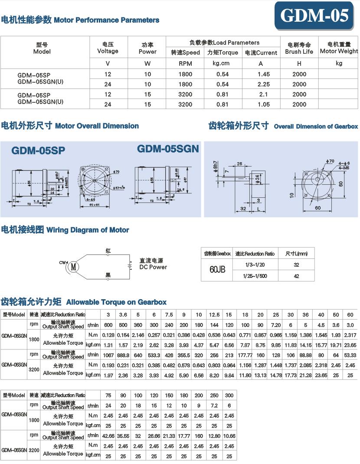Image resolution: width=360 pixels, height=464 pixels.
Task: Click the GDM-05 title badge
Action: (x=314, y=16)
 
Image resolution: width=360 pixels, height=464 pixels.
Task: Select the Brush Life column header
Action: (x=299, y=48)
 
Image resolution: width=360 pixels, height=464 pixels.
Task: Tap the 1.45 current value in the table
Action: (x=260, y=74)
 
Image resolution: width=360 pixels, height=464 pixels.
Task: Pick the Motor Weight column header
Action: (x=339, y=48)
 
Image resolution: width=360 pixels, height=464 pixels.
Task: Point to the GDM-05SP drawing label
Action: (x=38, y=150)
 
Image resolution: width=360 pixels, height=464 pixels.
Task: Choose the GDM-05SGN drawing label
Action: (x=168, y=149)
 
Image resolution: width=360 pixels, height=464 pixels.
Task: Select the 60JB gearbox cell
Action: (x=217, y=270)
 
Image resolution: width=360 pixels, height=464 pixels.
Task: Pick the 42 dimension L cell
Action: (x=296, y=276)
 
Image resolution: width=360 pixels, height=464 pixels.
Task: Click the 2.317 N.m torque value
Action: (x=350, y=335)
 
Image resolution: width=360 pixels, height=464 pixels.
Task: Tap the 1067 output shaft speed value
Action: (x=108, y=355)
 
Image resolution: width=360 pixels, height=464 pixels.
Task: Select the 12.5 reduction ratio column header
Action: (x=214, y=315)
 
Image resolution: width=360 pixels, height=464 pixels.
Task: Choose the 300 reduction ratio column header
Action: (x=229, y=395)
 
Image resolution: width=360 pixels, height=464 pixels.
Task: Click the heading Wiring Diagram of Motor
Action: (x=87, y=230)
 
